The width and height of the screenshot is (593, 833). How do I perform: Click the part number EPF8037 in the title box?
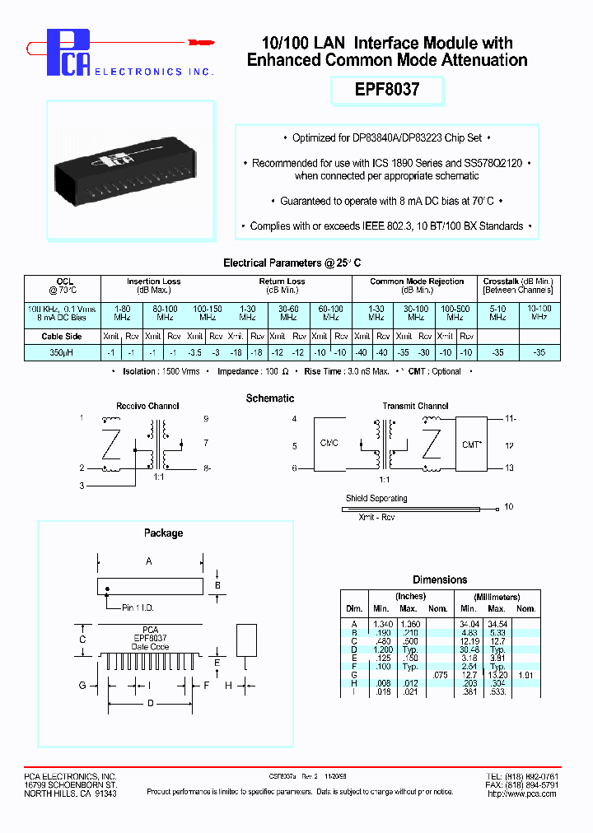coord(387,90)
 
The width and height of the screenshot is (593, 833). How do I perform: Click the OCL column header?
coord(64,282)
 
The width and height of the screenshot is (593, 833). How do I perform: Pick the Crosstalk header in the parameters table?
coord(518,282)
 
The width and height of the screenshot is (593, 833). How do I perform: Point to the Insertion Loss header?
coord(153,282)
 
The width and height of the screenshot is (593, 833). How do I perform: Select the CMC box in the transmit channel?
coord(329,443)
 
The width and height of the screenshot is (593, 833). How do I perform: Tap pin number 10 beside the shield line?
coord(508,507)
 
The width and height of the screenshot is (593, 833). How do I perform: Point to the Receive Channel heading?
coord(147,406)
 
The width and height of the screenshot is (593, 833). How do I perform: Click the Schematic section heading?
coord(270,398)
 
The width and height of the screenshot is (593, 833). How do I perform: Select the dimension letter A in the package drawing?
coord(148,561)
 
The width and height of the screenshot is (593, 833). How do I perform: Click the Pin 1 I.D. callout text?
coord(138,608)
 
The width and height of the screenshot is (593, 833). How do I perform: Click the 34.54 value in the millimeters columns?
coord(498,625)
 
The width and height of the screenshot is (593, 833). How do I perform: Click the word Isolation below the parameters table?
coord(138,371)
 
